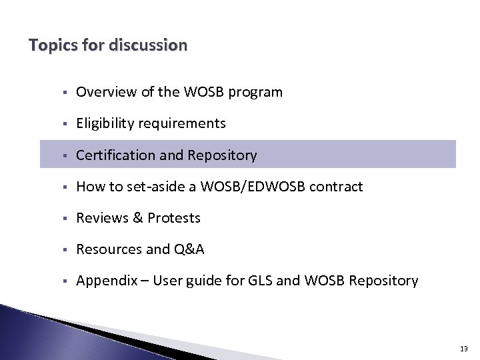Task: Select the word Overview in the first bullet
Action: tap(106, 92)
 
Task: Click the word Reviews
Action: tap(101, 218)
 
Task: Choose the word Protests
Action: tap(174, 218)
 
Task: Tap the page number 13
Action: tap(464, 349)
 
